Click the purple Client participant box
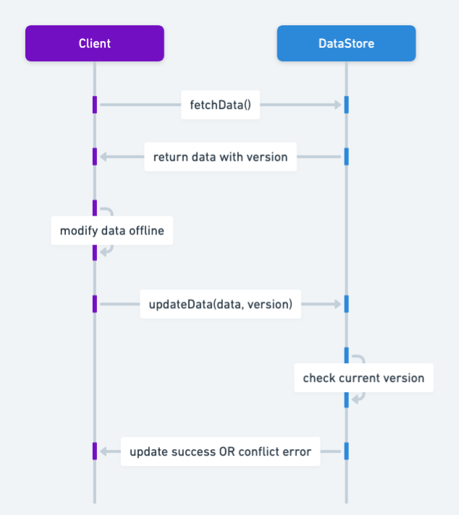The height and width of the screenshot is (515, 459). [x=94, y=43]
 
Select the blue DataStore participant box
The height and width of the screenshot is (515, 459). [x=346, y=43]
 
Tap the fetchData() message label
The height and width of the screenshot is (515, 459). [x=220, y=105]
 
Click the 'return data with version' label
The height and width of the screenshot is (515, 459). [x=220, y=156]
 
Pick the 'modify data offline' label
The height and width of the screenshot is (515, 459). [x=111, y=231]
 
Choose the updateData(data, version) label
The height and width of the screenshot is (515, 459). [x=220, y=305]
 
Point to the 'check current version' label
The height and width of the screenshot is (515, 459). [x=363, y=378]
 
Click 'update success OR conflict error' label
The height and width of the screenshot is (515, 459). [x=220, y=452]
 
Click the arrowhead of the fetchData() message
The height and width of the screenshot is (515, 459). [x=337, y=105]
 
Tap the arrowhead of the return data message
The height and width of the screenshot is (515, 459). [x=104, y=156]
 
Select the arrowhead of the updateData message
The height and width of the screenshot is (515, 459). [x=337, y=305]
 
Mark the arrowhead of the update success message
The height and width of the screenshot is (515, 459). [x=104, y=452]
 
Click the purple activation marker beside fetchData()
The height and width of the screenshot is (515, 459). [x=94, y=105]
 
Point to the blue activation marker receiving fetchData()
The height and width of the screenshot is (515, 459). [x=346, y=105]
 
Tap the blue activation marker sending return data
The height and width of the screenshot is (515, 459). [x=346, y=156]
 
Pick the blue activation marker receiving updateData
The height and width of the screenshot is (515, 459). [x=346, y=305]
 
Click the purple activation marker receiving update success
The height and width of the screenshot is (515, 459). [x=94, y=451]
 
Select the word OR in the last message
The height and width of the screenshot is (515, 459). [x=227, y=452]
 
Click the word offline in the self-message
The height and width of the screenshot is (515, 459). [x=146, y=231]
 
